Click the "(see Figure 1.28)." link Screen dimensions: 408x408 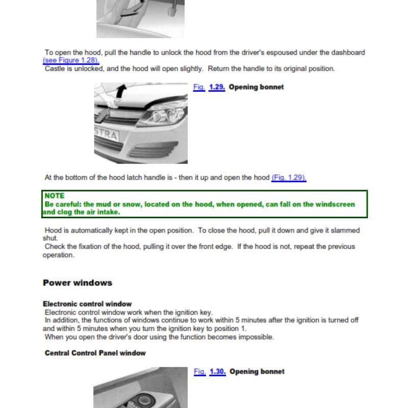pyautogui.click(x=71, y=60)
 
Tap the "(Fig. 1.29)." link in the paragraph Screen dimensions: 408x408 pyautogui.click(x=289, y=177)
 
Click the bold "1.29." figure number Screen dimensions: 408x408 pyautogui.click(x=217, y=87)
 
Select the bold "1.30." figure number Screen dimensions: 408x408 pyautogui.click(x=218, y=372)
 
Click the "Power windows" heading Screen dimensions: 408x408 pyautogui.click(x=78, y=283)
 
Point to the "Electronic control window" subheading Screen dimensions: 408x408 pyautogui.click(x=87, y=304)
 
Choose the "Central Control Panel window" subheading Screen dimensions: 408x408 pyautogui.click(x=95, y=353)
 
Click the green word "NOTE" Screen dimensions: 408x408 pyautogui.click(x=55, y=196)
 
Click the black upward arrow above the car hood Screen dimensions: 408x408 pyautogui.click(x=121, y=91)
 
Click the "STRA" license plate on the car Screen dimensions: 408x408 pyautogui.click(x=107, y=135)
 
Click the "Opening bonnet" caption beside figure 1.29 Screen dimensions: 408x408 pyautogui.click(x=257, y=87)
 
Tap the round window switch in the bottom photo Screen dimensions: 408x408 pyautogui.click(x=143, y=400)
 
